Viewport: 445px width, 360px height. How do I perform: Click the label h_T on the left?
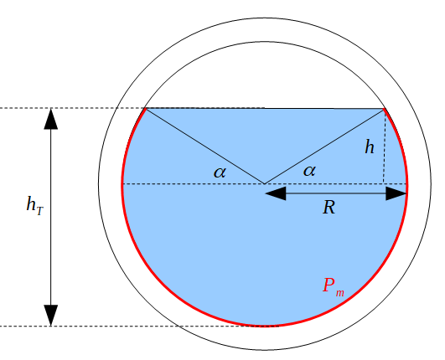coord(34,203)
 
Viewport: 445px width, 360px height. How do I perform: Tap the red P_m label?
coord(333,285)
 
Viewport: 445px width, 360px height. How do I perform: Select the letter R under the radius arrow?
coord(329,208)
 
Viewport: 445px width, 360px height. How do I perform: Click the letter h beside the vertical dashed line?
coord(370,147)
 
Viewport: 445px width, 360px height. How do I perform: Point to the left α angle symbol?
coord(220,172)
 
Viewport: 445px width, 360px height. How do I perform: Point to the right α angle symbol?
coord(309,170)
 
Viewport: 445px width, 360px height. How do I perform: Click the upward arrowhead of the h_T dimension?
coord(51,119)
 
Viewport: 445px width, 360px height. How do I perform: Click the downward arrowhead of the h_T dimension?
coord(51,315)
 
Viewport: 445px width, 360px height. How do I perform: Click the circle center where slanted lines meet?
coord(265,183)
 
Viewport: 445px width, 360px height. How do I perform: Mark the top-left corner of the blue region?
coord(147,109)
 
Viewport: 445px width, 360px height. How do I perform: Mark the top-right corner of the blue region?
coord(384,109)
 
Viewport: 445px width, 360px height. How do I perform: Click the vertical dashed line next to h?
coord(384,155)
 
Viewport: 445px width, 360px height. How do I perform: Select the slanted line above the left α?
coord(205,146)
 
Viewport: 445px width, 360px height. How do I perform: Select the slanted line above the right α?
coord(324,146)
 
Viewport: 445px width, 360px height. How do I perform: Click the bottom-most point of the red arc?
coord(265,326)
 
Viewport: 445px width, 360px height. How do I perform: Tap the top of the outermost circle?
coord(265,16)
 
